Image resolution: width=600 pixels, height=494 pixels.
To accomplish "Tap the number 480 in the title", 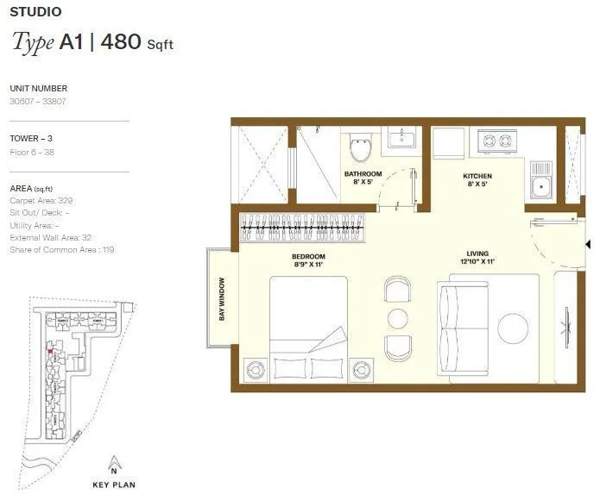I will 120,42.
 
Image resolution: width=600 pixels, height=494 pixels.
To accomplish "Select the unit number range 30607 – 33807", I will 38,101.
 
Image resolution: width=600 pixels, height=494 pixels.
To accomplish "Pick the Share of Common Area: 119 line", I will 61,249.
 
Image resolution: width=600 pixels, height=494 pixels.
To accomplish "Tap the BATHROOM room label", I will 363,174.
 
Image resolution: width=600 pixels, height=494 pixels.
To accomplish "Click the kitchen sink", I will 541,183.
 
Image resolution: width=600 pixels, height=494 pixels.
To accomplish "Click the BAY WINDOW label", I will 222,298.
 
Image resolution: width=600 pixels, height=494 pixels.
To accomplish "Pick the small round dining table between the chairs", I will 397,318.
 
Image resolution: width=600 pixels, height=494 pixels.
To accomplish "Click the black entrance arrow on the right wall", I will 587,245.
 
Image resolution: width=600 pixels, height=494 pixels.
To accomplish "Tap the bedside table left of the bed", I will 255,369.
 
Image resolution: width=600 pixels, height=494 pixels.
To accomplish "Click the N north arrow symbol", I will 113,462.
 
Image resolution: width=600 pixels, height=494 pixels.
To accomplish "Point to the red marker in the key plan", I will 50,351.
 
